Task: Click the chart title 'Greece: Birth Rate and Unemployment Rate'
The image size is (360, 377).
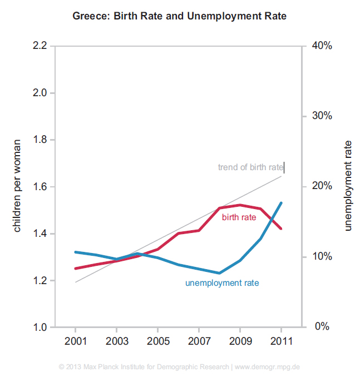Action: [179, 16]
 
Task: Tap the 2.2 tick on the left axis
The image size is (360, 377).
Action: [40, 46]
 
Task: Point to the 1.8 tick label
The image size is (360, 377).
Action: [40, 140]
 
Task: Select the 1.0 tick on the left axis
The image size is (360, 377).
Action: [40, 327]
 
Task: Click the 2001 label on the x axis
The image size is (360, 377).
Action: [76, 340]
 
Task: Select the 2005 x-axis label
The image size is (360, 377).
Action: [157, 340]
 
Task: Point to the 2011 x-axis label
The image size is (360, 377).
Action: [280, 340]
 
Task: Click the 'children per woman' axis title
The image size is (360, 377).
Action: [17, 186]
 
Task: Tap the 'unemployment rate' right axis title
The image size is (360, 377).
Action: [348, 186]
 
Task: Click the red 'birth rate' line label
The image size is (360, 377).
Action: [239, 217]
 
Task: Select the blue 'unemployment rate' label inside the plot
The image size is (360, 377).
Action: [222, 282]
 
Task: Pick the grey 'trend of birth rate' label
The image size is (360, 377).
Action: [250, 167]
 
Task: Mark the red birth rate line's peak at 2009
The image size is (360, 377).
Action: [240, 205]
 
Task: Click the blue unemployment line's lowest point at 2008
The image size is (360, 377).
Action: [219, 273]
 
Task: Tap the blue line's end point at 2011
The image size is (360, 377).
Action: [282, 203]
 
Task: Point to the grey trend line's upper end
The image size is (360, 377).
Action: [282, 176]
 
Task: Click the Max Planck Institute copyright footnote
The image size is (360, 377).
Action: [179, 367]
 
